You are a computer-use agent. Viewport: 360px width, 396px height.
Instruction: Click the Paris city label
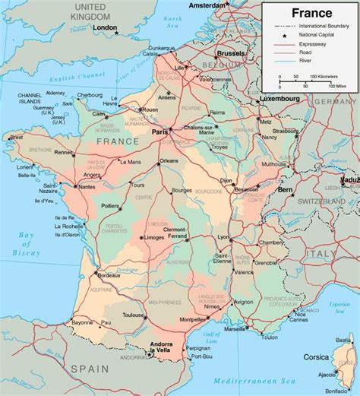coord(160,132)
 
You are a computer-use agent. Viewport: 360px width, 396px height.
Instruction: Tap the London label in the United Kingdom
coord(106,28)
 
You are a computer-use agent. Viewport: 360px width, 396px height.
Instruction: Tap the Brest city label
coord(16,137)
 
